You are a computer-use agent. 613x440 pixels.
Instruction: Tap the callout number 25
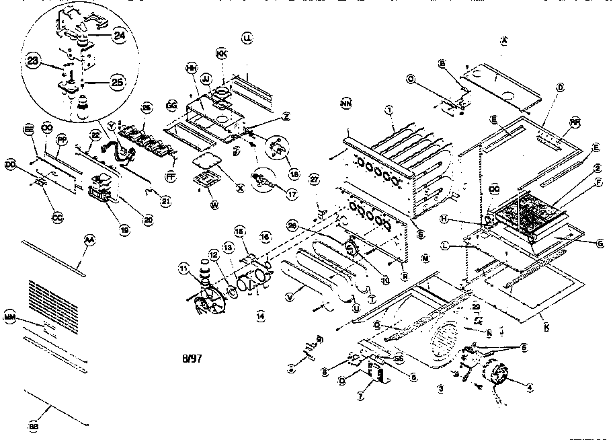[x=118, y=82]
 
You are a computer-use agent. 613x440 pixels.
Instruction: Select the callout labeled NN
[x=346, y=104]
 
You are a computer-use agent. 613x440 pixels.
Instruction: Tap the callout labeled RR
[x=575, y=122]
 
